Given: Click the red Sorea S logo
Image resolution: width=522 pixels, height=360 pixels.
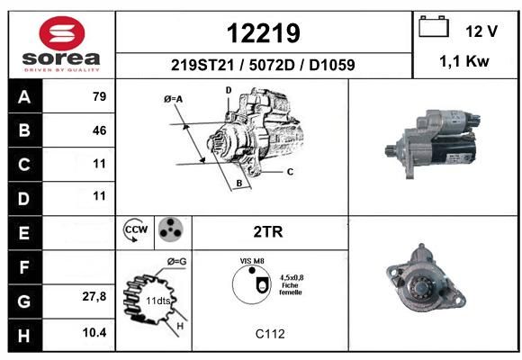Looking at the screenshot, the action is [x=62, y=33].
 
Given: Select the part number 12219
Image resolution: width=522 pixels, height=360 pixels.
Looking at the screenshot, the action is [x=264, y=33].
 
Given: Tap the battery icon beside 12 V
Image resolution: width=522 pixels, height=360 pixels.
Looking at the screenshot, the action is [x=434, y=27].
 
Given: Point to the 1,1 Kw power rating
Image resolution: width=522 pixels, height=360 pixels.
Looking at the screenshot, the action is [x=464, y=61].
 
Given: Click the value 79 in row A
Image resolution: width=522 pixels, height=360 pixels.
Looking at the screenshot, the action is [x=100, y=96].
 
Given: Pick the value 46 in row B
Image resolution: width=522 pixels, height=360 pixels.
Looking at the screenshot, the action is [x=100, y=130].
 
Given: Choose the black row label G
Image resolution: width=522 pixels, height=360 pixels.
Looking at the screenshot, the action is [x=25, y=301].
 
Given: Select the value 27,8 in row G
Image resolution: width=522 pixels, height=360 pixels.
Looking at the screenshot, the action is [x=94, y=296].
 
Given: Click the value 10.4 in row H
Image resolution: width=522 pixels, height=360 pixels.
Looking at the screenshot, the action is [x=94, y=332].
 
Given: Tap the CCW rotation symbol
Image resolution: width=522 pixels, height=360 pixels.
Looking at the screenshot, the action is [x=135, y=229].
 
